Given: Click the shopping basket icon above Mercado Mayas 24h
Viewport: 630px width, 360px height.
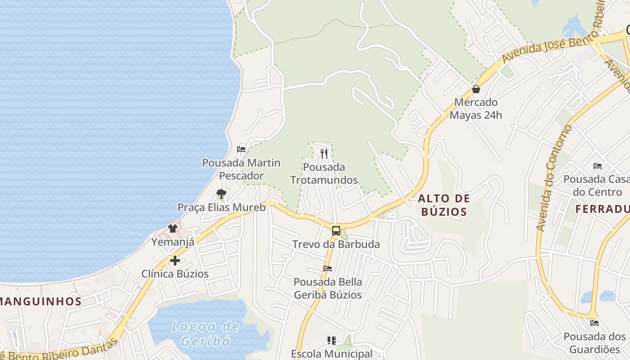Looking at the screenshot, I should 476,89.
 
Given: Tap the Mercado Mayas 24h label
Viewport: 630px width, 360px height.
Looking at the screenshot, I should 476,108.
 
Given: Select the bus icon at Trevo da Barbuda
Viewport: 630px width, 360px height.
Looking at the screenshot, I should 336,231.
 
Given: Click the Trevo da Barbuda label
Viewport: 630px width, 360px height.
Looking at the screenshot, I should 336,244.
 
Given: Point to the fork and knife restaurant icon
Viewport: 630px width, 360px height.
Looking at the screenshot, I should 324,153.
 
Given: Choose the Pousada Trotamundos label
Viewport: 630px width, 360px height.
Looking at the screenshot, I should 324,174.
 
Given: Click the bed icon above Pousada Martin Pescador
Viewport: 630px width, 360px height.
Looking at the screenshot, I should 241,149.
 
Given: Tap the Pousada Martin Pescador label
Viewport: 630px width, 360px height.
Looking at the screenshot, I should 241,169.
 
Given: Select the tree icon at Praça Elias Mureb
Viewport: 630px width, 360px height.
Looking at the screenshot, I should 221,194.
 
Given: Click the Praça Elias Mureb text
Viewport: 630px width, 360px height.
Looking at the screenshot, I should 221,207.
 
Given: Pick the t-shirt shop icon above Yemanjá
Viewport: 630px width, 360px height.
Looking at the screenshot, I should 173,229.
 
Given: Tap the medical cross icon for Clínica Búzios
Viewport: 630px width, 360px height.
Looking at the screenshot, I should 175,261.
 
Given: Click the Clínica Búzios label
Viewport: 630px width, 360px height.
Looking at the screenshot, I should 175,274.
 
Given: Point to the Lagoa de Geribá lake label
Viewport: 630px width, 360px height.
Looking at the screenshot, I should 206,333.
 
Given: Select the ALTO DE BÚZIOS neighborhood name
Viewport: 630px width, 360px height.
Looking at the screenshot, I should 444,205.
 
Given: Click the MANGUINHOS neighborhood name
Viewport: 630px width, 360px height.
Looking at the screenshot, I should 40,301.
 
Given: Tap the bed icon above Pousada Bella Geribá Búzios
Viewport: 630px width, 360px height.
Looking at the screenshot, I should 328,269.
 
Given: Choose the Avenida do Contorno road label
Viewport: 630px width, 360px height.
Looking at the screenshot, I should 554,178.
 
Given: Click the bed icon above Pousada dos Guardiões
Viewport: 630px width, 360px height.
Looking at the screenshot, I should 594,323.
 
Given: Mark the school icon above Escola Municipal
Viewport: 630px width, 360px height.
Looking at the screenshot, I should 332,341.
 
